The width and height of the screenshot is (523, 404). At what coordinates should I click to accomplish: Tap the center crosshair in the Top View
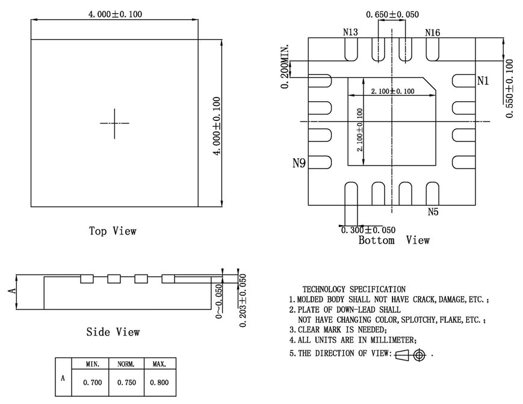tap(114, 123)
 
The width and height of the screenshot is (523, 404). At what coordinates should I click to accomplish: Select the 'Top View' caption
tap(113, 231)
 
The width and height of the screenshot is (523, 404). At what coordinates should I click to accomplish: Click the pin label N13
tap(351, 33)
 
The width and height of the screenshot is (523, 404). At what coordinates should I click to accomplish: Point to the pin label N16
tap(432, 33)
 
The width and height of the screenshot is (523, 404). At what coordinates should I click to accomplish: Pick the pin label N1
tap(483, 81)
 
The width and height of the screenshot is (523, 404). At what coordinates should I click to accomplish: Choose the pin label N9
tap(299, 163)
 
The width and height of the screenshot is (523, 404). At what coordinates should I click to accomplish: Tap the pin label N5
tap(433, 211)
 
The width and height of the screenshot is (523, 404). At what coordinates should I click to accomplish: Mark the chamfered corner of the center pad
tap(429, 83)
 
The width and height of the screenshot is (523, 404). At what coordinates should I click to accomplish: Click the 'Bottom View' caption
tap(394, 241)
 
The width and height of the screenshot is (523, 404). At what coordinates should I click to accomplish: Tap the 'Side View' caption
tap(113, 332)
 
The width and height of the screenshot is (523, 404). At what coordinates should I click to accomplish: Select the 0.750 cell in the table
tap(126, 382)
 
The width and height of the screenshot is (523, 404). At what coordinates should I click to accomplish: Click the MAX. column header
tap(159, 364)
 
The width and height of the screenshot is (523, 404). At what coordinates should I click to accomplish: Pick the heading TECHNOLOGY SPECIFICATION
tap(354, 290)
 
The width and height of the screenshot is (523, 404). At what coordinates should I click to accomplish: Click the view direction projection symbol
tap(411, 355)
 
